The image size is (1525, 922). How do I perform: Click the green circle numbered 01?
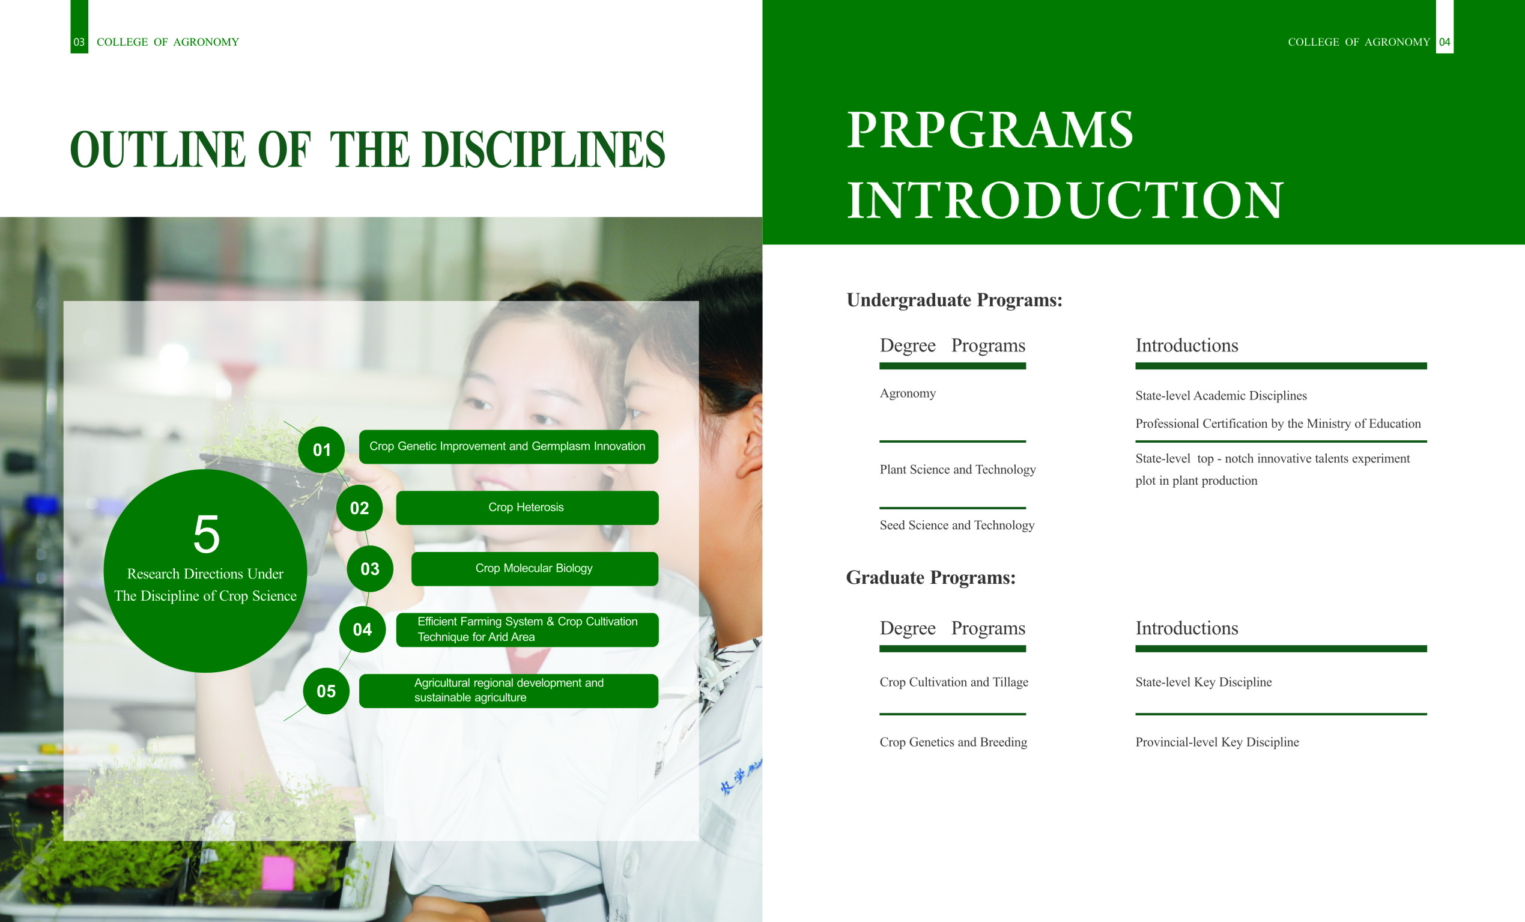coord(321,450)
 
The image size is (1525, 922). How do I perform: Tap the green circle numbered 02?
coord(359,508)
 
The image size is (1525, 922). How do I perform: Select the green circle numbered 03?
coord(370,569)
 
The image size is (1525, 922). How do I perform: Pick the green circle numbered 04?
coord(363,629)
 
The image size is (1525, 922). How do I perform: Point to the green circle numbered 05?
coord(326,691)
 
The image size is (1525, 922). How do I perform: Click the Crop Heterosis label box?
coord(527,508)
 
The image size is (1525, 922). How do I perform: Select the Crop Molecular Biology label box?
coord(535,569)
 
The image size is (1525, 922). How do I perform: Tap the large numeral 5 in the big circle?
coord(207,534)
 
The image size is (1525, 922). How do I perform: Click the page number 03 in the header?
coord(79,42)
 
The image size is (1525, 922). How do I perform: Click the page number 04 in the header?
coord(1445,42)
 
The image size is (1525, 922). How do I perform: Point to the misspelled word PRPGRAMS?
coord(990,130)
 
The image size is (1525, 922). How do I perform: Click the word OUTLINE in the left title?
coord(158,150)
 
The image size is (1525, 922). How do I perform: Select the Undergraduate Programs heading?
coord(954,300)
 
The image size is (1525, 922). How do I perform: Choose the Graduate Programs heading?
coord(931,577)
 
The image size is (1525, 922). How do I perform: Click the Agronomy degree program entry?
coord(908,393)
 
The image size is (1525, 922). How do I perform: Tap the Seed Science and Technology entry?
coord(957,525)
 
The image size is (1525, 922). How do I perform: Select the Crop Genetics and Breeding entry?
coord(953,742)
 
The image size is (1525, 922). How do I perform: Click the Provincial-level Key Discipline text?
coord(1217,742)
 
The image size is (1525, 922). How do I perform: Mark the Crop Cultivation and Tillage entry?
coord(954,682)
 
